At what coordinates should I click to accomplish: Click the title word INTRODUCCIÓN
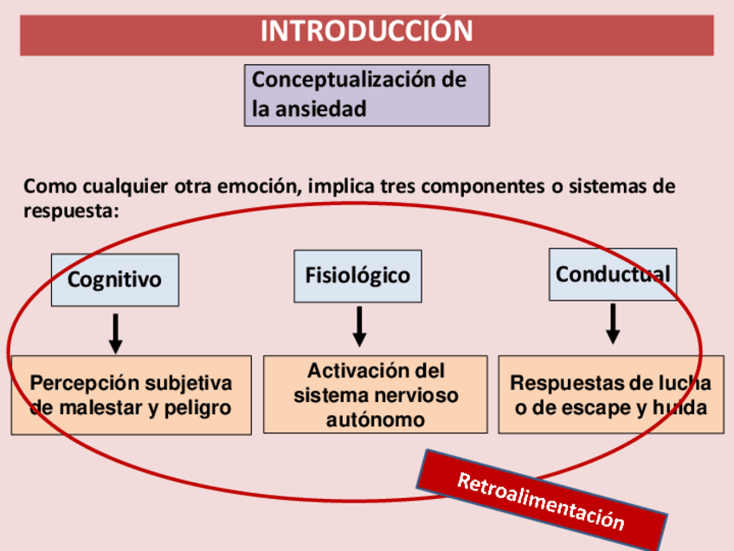click(367, 32)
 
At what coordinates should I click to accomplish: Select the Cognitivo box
click(115, 280)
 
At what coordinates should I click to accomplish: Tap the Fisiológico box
click(357, 276)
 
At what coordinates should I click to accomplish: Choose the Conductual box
click(613, 275)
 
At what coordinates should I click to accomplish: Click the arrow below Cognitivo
click(116, 334)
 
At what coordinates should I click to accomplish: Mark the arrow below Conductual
click(613, 323)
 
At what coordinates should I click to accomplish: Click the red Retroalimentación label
click(541, 502)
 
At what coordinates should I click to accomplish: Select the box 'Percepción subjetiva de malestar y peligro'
click(131, 395)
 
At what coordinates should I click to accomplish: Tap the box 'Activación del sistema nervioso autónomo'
click(376, 395)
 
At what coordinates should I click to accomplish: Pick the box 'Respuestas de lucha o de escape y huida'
click(611, 395)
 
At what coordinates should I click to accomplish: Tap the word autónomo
click(376, 420)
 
